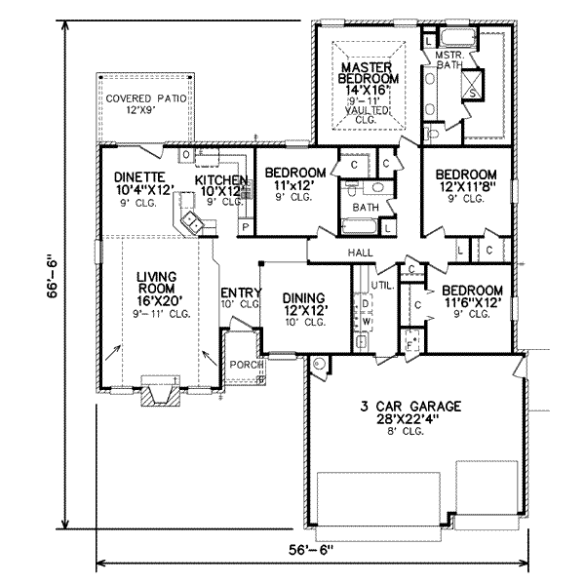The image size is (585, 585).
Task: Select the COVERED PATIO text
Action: click(x=136, y=98)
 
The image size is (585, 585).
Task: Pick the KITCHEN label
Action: click(x=220, y=180)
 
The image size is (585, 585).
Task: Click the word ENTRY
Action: click(x=241, y=293)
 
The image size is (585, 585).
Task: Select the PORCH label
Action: click(x=242, y=366)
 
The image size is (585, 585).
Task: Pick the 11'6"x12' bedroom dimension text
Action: click(x=472, y=304)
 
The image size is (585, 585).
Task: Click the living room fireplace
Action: click(x=159, y=392)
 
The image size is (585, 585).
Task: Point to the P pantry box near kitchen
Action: click(x=245, y=227)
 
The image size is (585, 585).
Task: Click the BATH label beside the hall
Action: click(x=364, y=208)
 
